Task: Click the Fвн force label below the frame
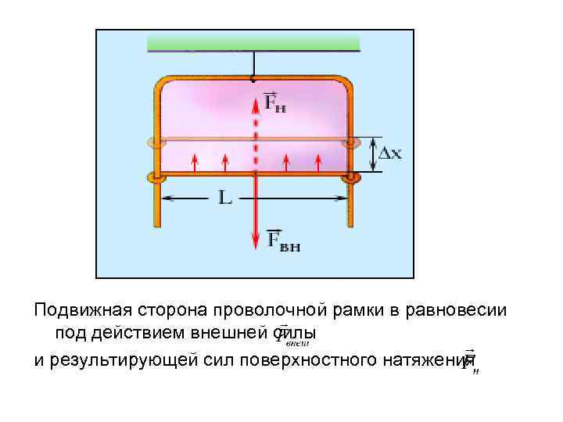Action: click(x=283, y=240)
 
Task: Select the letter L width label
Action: click(x=224, y=198)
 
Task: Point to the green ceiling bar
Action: click(x=253, y=43)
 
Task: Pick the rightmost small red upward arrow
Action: click(x=317, y=162)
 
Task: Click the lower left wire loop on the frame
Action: click(x=157, y=178)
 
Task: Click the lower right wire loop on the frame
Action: click(x=350, y=178)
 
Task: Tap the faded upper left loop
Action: click(x=157, y=143)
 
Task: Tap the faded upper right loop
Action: click(x=350, y=143)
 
